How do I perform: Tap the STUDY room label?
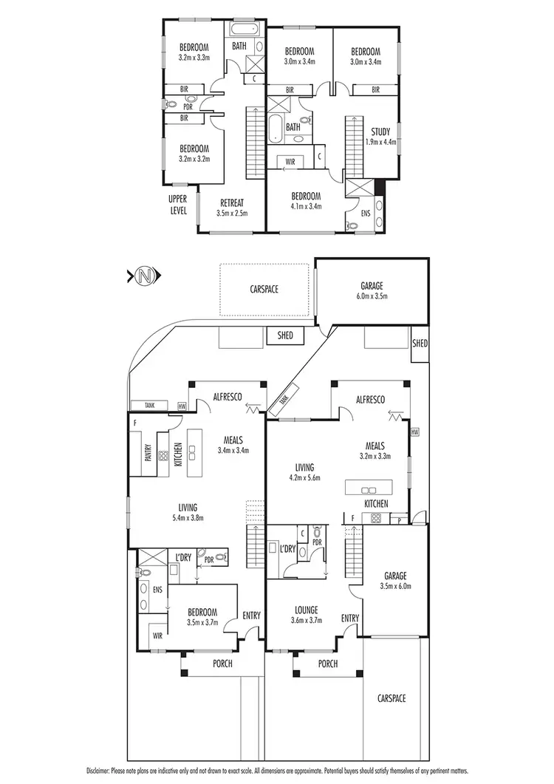tap(381, 132)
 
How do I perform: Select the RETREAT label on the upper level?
tap(232, 203)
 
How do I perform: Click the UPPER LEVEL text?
tap(179, 204)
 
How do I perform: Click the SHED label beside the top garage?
tap(420, 344)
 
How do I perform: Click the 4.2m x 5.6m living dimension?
tap(304, 478)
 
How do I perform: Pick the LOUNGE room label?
tap(306, 610)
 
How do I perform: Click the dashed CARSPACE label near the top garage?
tap(263, 290)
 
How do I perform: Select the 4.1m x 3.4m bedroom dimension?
tap(306, 207)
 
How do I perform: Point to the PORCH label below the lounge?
tap(327, 664)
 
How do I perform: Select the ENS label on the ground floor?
tap(157, 590)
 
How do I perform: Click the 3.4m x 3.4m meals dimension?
tap(233, 449)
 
